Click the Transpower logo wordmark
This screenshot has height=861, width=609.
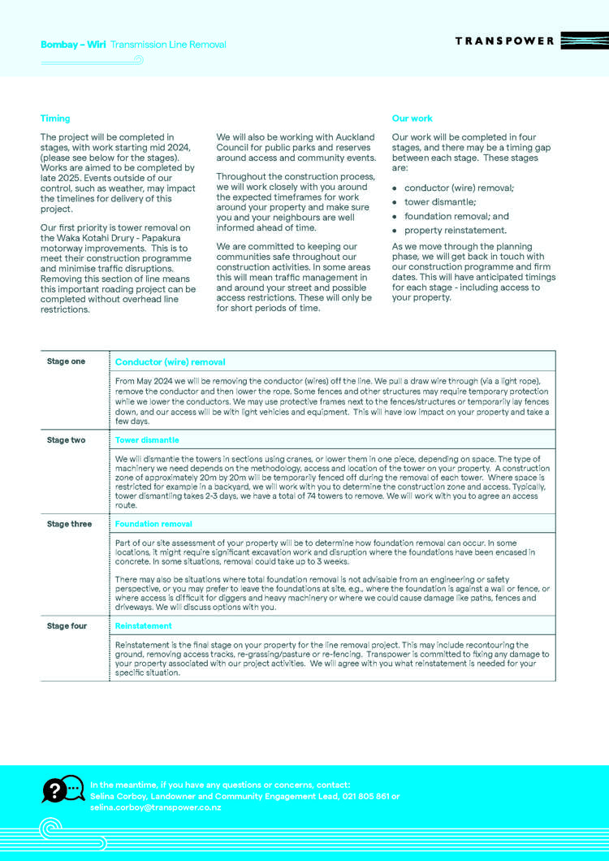(x=504, y=41)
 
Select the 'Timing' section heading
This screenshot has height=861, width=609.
(x=55, y=119)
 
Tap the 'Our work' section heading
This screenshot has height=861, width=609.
(x=412, y=119)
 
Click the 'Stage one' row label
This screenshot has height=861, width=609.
(x=66, y=361)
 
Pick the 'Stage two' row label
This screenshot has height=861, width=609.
(x=66, y=440)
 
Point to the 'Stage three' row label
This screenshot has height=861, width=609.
(x=69, y=524)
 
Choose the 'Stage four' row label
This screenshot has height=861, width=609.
(x=67, y=626)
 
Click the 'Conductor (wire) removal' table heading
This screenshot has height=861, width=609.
(x=171, y=362)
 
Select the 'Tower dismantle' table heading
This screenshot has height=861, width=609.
(x=147, y=440)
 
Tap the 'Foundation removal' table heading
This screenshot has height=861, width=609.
(x=153, y=524)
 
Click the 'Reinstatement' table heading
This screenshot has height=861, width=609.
(x=144, y=626)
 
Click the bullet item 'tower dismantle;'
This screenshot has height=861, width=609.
(x=440, y=201)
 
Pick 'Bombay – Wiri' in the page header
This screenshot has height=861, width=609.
(x=73, y=45)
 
